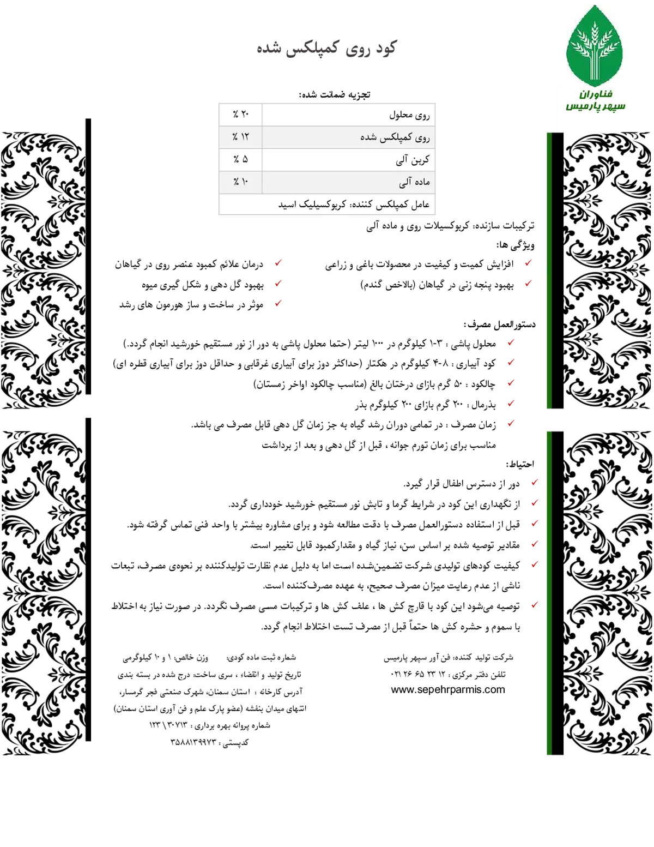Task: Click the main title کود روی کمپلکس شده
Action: click(x=326, y=49)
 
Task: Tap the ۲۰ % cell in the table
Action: click(x=240, y=114)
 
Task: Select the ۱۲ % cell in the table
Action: click(x=240, y=137)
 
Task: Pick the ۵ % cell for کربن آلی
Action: click(x=240, y=159)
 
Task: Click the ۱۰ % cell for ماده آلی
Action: click(x=240, y=182)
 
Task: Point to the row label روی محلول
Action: click(x=409, y=115)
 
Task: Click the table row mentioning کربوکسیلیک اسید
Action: click(x=327, y=204)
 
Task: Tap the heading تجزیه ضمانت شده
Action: click(x=334, y=95)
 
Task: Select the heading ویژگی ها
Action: click(x=516, y=245)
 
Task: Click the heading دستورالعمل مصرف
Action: click(x=499, y=325)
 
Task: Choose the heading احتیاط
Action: click(x=520, y=464)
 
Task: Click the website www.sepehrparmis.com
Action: click(x=448, y=689)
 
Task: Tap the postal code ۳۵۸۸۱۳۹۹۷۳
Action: click(x=193, y=742)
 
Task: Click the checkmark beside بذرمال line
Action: click(x=511, y=404)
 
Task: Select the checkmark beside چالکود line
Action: click(x=511, y=383)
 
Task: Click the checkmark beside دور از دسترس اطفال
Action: click(x=535, y=483)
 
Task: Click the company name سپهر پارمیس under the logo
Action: click(x=595, y=106)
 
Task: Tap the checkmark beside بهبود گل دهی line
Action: click(x=278, y=284)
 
